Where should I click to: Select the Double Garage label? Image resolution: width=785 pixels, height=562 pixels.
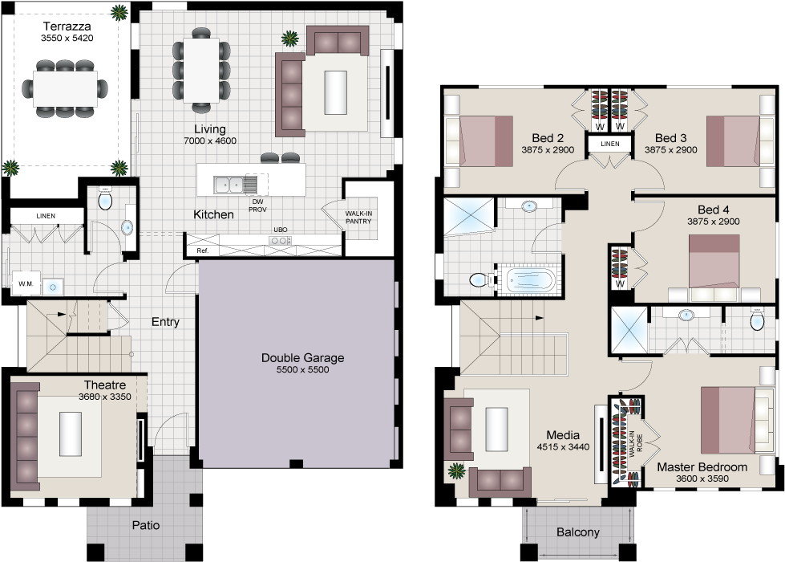point(302,358)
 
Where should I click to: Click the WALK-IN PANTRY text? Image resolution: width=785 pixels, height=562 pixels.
point(358,217)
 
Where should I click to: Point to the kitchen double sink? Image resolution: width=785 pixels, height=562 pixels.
point(234,185)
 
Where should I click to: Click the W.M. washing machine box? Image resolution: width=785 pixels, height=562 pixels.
point(24,284)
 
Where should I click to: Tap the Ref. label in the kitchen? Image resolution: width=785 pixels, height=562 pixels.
point(202,251)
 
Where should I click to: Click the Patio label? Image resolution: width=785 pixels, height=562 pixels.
point(145,527)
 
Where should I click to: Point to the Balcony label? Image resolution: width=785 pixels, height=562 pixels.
point(577,531)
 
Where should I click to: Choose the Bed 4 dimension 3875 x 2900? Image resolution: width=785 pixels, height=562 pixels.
point(713,222)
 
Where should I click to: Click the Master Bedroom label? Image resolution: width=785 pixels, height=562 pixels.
point(702,466)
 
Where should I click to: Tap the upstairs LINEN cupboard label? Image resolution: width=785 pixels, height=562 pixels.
point(610,144)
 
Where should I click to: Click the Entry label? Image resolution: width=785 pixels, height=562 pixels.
point(165,322)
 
